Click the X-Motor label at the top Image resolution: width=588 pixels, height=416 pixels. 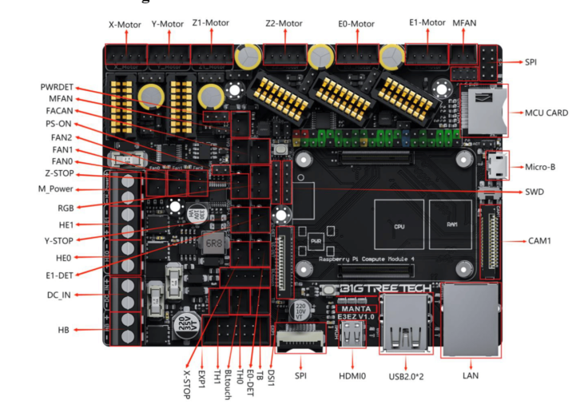coord(125,25)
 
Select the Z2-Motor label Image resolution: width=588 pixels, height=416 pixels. coord(284,23)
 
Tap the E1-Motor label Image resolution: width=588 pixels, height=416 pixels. coord(425,23)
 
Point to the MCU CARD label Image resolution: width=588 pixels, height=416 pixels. coord(546,113)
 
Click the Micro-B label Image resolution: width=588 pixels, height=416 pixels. coord(546,167)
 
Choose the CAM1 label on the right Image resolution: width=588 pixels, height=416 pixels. coord(542,240)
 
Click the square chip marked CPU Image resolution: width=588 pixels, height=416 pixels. coord(397,225)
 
